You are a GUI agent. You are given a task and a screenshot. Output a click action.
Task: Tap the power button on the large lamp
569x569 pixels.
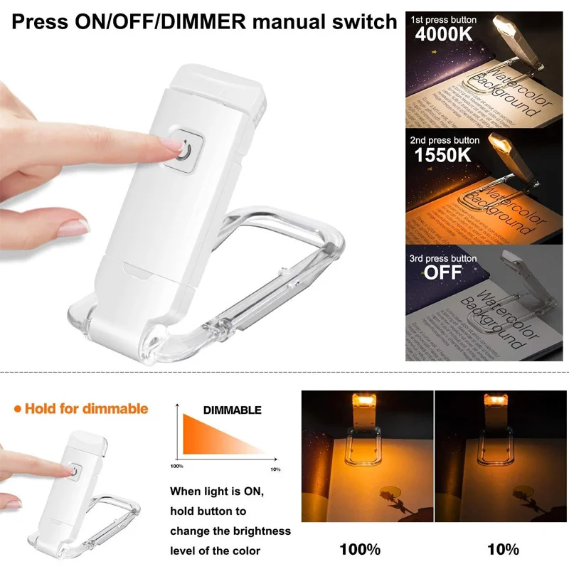click(x=185, y=150)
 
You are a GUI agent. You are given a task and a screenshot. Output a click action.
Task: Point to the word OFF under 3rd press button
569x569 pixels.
click(x=442, y=272)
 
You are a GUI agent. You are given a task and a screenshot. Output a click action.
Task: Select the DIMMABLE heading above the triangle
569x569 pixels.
click(x=233, y=410)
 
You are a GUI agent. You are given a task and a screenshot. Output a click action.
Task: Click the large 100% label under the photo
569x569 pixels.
click(x=360, y=549)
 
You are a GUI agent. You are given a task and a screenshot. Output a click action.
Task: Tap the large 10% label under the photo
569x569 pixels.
click(x=502, y=549)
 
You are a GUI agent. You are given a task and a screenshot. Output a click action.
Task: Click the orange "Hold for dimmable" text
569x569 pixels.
click(x=86, y=408)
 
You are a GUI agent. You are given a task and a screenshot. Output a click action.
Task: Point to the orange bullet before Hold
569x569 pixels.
click(x=17, y=409)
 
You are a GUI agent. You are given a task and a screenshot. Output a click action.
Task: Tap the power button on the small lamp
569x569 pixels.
click(x=74, y=470)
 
